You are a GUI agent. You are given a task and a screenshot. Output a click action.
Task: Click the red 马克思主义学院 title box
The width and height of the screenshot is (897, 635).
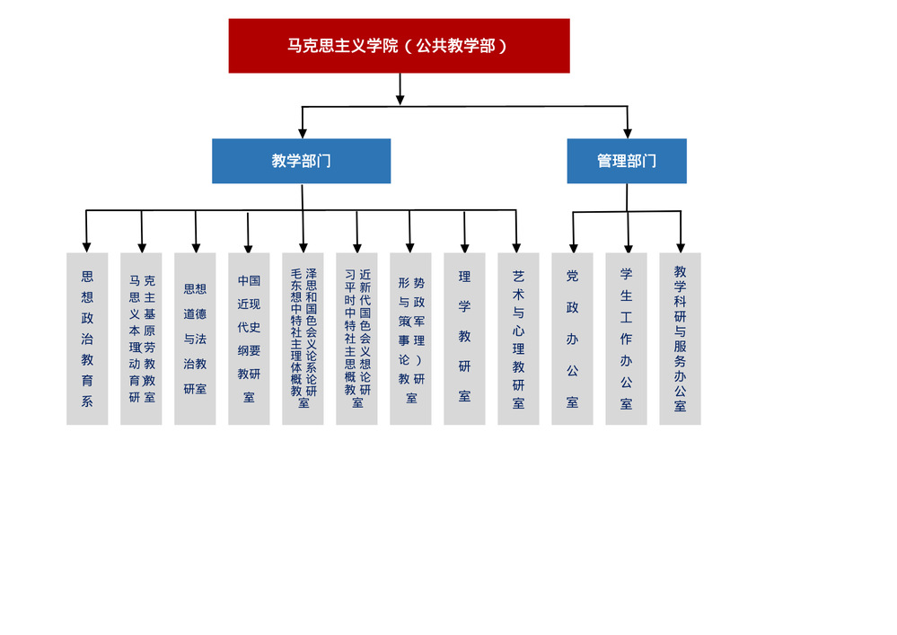coord(399,46)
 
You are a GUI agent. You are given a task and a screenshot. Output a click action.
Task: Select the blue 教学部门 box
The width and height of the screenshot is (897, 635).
coord(301,161)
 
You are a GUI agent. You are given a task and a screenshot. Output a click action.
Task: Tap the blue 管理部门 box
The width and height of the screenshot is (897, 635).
coord(627,161)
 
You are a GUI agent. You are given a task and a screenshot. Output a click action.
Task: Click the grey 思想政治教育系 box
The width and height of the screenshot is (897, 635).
coord(87,339)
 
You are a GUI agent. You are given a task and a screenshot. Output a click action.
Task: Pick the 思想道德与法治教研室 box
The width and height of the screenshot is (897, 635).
coord(195,339)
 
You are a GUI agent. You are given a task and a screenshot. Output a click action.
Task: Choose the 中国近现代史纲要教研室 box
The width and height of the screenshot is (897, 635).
coord(249,339)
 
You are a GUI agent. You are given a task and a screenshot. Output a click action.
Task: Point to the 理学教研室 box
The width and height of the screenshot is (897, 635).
coord(464,339)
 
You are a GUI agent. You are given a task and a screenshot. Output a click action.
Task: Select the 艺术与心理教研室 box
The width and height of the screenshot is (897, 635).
coord(518,339)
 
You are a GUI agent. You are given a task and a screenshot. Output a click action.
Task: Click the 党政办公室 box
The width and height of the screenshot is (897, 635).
coord(572,339)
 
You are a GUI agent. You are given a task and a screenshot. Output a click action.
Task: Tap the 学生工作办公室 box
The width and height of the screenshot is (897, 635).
coord(626,339)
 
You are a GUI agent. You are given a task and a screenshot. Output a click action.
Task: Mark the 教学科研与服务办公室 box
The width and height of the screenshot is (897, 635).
coord(680,339)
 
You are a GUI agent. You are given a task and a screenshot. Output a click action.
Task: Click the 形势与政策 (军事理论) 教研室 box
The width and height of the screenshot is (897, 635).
coord(410,339)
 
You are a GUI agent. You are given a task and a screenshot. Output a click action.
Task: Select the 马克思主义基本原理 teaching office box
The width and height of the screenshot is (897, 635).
coord(141,339)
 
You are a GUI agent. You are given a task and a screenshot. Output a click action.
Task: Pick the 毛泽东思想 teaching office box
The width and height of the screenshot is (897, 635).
coord(303,339)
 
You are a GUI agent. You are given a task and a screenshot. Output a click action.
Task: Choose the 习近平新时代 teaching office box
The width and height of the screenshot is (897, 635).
coord(356,339)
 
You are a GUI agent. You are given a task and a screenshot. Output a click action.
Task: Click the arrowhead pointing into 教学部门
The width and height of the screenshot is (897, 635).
coord(303,131)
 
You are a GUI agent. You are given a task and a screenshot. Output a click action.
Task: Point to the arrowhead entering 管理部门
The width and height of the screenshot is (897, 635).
coord(627,131)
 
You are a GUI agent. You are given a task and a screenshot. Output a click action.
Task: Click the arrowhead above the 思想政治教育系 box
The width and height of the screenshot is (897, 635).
coord(87,245)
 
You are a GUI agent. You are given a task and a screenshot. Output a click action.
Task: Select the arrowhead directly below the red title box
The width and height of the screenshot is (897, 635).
coord(400,100)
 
